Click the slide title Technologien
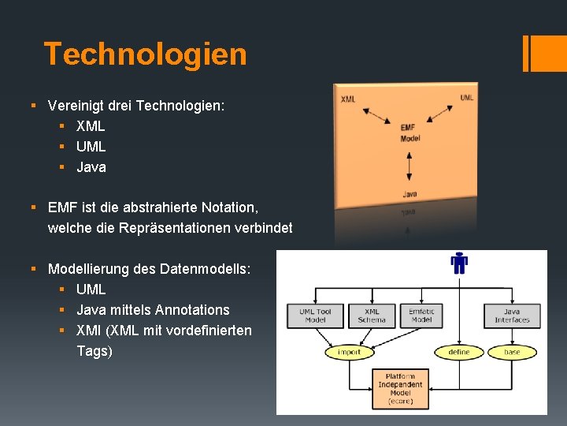coord(145,54)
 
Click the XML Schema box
coord(372,316)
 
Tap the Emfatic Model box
coord(421,316)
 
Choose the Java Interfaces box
coord(512,316)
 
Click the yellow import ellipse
coord(349,352)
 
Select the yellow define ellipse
coord(458,352)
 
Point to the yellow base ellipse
coord(512,352)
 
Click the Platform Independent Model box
coord(400,389)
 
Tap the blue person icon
coord(459,263)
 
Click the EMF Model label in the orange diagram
coord(409,133)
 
